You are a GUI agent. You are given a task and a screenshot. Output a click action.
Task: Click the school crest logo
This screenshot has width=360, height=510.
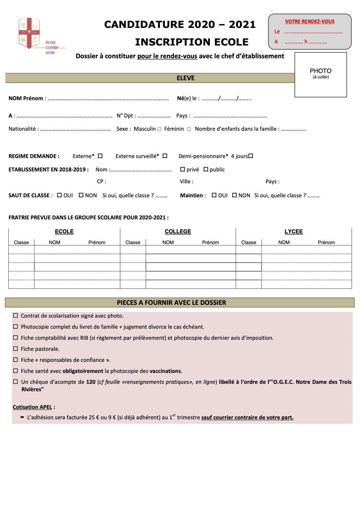point(29,33)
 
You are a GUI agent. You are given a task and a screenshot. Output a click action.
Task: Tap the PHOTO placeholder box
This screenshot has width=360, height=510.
point(321,75)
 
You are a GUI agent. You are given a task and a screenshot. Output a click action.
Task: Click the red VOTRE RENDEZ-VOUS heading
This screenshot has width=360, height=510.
point(310,22)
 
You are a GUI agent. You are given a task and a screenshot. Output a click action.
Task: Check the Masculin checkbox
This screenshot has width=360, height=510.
point(160,129)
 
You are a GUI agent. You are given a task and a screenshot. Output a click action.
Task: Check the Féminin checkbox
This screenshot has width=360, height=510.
point(189,129)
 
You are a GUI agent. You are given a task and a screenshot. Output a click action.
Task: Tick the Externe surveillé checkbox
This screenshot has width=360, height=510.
point(165,156)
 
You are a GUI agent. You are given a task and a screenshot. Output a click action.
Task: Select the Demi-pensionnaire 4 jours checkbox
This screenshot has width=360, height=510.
point(251,156)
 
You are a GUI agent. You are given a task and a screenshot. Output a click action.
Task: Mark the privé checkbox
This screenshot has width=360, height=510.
point(182,169)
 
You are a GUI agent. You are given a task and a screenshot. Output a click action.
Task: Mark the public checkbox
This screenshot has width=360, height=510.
point(206,169)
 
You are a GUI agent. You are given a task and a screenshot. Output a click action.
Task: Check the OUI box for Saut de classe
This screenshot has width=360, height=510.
point(59,195)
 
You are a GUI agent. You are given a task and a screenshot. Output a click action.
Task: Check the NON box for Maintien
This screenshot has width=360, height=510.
point(235,195)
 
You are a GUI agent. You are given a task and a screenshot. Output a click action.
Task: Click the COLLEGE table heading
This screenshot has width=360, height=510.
point(178,231)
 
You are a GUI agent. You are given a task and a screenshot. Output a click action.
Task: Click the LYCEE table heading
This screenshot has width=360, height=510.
point(294,231)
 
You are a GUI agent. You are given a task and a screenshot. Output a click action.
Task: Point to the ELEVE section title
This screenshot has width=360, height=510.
point(185,78)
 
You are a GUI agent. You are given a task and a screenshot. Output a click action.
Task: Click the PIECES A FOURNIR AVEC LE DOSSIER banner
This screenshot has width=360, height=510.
point(172,302)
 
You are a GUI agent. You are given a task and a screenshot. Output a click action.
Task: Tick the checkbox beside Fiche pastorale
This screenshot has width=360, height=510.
point(16,349)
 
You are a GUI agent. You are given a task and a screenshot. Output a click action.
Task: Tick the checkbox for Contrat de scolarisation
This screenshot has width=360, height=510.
point(16,316)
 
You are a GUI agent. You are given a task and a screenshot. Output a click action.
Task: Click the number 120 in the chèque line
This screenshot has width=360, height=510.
point(91,382)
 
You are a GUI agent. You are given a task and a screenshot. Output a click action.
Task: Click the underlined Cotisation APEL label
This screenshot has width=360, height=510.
point(33,407)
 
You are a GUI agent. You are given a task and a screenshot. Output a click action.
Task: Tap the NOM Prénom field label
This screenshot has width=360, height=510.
point(26,98)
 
